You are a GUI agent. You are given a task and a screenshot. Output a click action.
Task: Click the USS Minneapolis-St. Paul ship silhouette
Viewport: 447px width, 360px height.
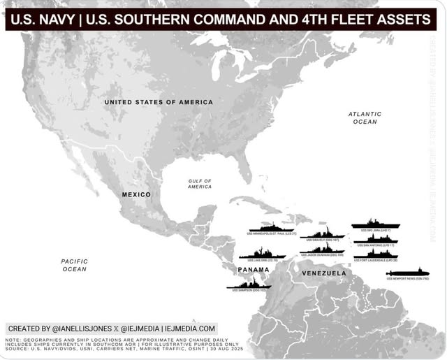272,227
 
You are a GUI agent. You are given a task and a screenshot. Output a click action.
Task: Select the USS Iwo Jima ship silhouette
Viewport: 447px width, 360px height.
375,224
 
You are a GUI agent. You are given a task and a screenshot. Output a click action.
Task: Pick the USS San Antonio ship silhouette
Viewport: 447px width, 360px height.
376,239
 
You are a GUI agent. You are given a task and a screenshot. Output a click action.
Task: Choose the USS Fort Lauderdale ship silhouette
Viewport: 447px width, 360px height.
376,254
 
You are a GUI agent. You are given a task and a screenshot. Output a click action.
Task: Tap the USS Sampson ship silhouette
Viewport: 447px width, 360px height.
249,284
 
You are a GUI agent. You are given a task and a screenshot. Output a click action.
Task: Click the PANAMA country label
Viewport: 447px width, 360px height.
254,269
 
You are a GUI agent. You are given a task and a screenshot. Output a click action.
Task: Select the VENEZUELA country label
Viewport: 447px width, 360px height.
323,273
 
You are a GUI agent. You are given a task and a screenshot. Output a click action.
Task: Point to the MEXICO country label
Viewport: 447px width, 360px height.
136,194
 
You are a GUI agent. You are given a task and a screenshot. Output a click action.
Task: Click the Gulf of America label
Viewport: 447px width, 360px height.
200,184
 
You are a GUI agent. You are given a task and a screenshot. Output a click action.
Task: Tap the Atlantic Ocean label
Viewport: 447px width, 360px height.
365,117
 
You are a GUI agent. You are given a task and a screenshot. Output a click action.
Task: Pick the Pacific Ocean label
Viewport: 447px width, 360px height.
75,265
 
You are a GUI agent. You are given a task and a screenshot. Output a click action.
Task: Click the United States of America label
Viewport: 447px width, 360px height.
159,102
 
